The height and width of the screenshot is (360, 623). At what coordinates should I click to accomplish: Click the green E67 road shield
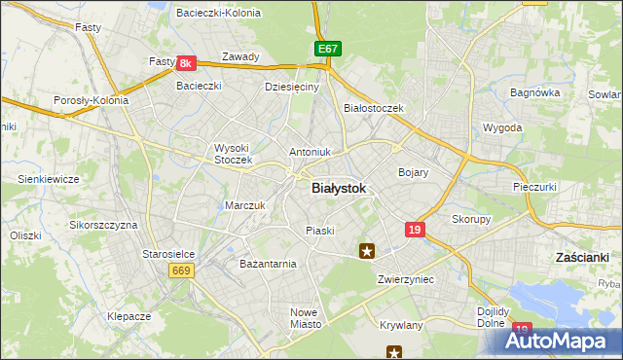[328, 48]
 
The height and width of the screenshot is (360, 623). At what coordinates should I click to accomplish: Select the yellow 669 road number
[180, 270]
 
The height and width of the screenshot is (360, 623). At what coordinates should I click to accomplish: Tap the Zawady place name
[240, 56]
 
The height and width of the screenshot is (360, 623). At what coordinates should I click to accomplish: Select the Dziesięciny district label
[292, 87]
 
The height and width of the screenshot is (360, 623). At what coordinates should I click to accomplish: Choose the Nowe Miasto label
[305, 318]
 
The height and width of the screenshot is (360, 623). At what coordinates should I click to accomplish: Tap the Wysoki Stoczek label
[233, 154]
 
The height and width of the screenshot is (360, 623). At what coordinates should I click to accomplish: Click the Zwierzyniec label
[405, 279]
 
